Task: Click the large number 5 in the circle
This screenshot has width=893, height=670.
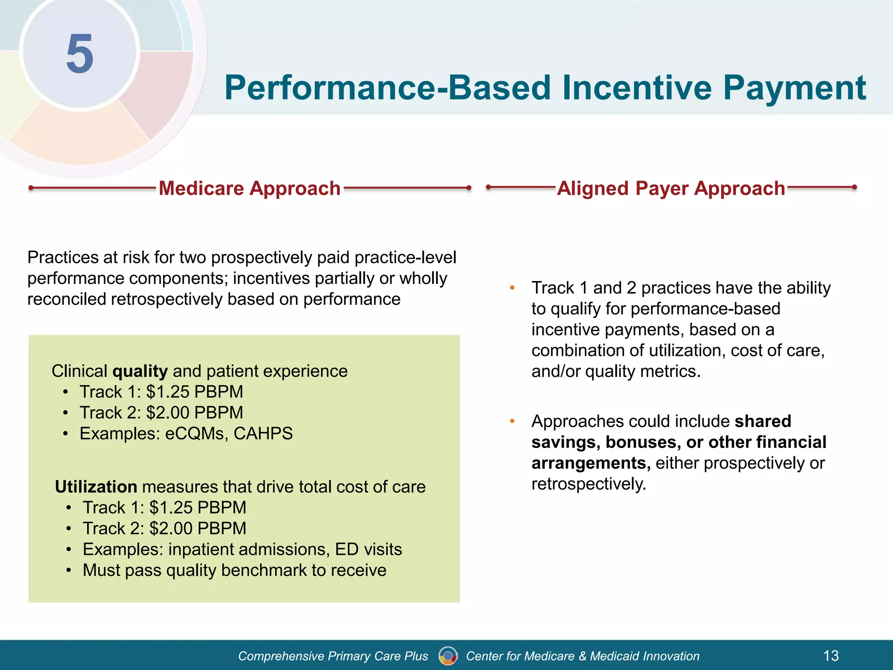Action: [x=80, y=54]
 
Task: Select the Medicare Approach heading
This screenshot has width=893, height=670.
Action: [x=249, y=188]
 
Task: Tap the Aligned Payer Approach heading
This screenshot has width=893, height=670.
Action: [x=671, y=188]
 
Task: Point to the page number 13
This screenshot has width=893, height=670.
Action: [x=831, y=656]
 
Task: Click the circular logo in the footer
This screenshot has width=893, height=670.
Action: [x=448, y=656]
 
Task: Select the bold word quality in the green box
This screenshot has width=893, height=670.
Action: [x=140, y=371]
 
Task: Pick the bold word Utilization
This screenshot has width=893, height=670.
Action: [x=96, y=487]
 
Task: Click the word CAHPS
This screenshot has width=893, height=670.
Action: [x=263, y=434]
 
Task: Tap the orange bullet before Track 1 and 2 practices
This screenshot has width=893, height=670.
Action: [x=512, y=288]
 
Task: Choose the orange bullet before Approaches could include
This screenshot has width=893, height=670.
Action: [x=512, y=421]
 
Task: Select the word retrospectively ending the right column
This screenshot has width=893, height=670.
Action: [x=588, y=484]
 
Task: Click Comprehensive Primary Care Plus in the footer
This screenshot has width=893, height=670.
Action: [x=333, y=656]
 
